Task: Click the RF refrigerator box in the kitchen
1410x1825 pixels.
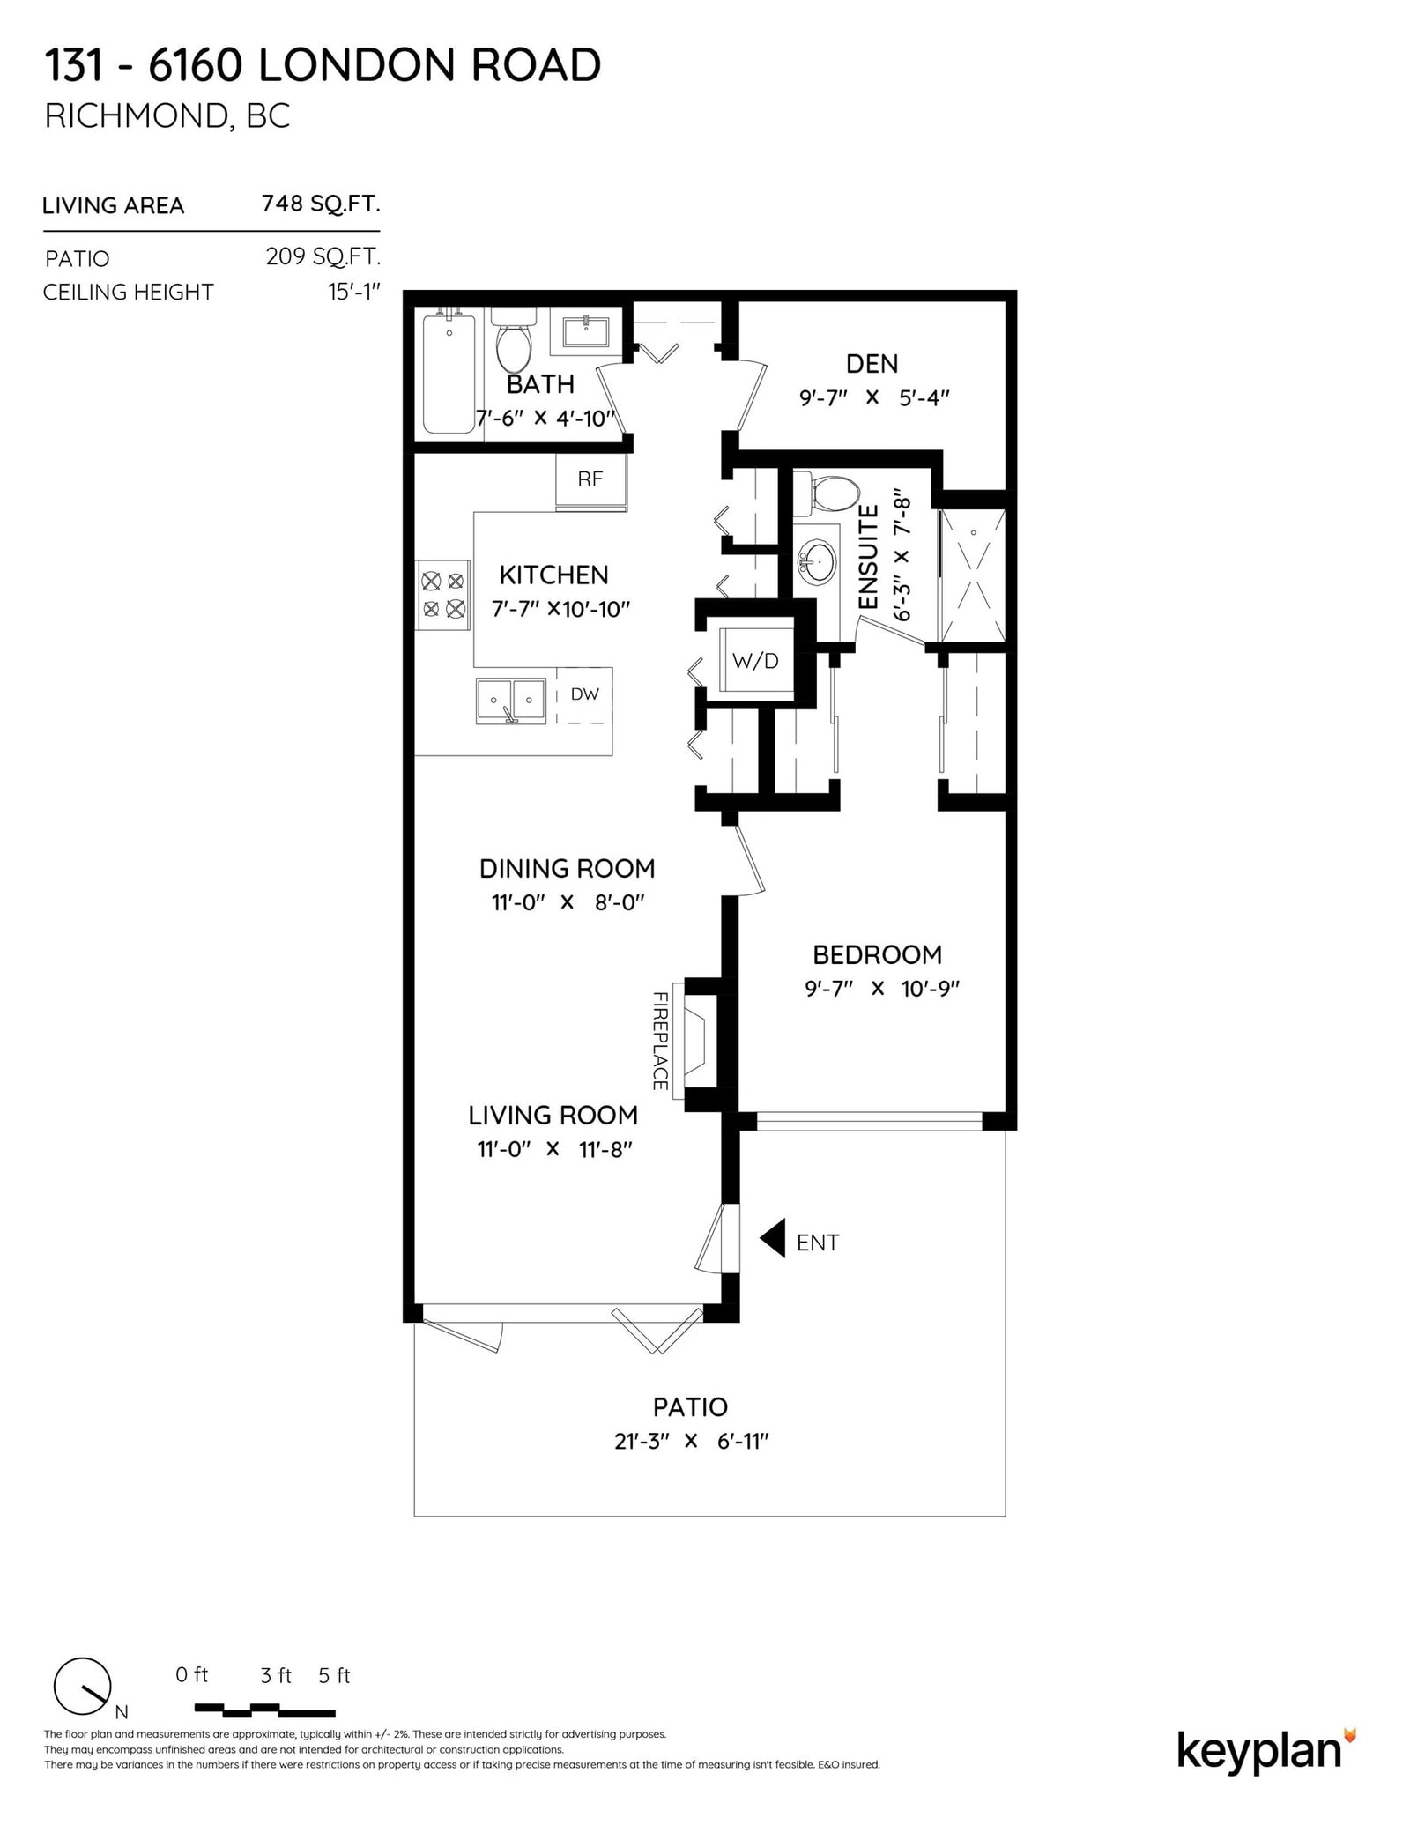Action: [590, 481]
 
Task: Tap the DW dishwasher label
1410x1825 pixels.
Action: [584, 694]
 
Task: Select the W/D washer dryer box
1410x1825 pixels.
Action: [755, 661]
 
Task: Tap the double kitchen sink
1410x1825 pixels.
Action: [511, 701]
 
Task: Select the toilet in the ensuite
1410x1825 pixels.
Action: [827, 494]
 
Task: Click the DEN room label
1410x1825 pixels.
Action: [872, 364]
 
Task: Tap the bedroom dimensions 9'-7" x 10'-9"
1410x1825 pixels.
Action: [881, 989]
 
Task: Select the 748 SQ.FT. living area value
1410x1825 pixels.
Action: [321, 204]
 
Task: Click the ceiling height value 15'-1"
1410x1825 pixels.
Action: [354, 292]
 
